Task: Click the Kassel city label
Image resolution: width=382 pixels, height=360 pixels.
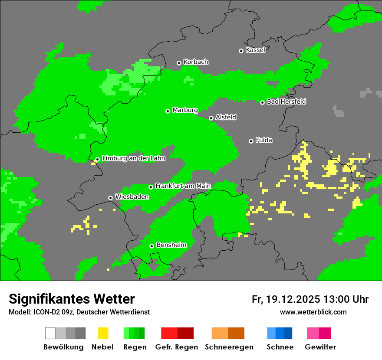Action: (x=255, y=50)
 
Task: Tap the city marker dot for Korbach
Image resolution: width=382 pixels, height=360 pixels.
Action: (x=179, y=63)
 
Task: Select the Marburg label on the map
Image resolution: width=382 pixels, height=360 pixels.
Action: (x=185, y=110)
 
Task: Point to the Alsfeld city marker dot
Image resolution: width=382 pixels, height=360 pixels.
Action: (x=211, y=118)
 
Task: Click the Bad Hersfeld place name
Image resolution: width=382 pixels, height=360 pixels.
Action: (x=286, y=101)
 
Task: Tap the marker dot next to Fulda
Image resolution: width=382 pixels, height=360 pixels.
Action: (x=251, y=141)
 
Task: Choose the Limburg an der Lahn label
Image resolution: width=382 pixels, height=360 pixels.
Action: (x=134, y=158)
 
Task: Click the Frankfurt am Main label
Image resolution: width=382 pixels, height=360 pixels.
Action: (x=183, y=186)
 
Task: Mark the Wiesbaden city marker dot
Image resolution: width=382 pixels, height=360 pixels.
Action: (x=110, y=198)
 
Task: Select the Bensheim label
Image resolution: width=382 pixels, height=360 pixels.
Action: (x=171, y=245)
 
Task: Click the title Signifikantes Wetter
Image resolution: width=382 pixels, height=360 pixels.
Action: (x=72, y=299)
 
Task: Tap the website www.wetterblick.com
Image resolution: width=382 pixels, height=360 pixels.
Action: (x=313, y=312)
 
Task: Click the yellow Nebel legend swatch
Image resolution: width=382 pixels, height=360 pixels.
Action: (x=103, y=333)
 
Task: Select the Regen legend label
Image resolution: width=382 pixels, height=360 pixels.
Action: (x=134, y=347)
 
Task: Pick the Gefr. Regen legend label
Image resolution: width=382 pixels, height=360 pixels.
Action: (x=177, y=347)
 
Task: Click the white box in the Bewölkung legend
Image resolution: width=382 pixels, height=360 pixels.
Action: (x=50, y=333)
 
